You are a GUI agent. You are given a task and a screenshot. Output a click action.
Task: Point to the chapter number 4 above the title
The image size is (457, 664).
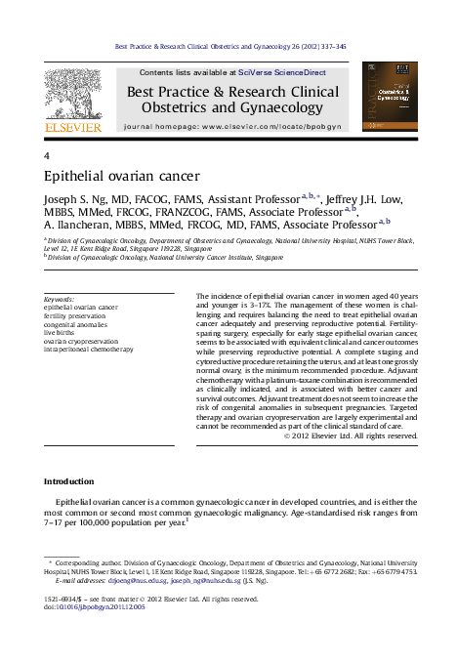(x=48, y=156)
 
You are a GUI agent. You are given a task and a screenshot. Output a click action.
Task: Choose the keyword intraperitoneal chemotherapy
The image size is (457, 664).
(x=89, y=348)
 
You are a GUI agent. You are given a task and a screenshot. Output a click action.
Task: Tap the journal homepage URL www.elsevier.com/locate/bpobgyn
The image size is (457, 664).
(x=270, y=127)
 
